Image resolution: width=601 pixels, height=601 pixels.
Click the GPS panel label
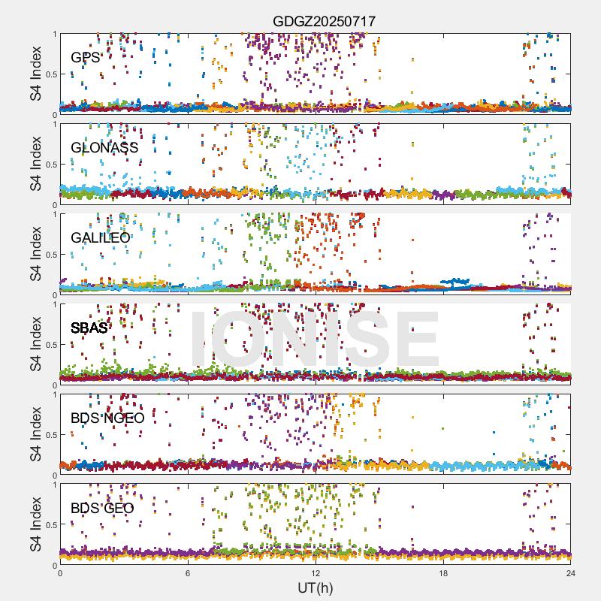click(85, 57)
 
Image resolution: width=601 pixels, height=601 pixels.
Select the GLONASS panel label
click(104, 147)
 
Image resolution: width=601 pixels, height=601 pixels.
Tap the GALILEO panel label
click(101, 237)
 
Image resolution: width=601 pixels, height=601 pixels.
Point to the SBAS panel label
click(89, 328)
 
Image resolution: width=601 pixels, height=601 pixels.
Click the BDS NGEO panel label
click(107, 418)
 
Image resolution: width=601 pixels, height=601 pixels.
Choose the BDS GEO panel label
click(102, 508)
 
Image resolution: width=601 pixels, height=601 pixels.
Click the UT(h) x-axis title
click(316, 587)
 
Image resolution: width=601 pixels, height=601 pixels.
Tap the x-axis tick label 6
click(188, 573)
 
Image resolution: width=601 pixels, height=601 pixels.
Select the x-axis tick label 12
click(316, 573)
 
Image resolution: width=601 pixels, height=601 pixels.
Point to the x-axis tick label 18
click(443, 573)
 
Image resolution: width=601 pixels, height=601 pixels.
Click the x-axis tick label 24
click(571, 573)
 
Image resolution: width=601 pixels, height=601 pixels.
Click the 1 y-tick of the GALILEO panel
click(53, 214)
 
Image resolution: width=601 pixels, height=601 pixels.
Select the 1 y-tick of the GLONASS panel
click(53, 124)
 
